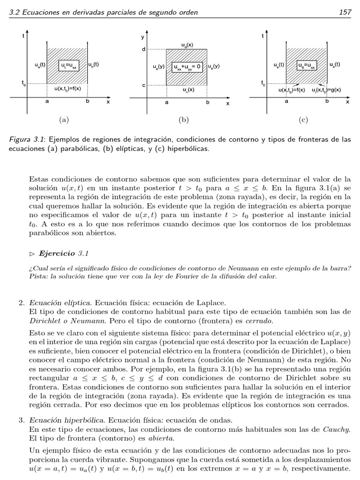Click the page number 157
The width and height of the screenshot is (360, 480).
345,12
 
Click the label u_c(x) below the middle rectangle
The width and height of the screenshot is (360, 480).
189,89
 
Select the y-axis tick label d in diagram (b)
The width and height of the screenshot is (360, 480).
143,49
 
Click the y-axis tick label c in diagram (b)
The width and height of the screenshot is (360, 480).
143,85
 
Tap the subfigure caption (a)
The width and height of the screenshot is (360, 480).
64,120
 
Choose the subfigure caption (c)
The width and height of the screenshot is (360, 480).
303,120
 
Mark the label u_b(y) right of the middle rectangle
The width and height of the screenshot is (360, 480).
214,66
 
